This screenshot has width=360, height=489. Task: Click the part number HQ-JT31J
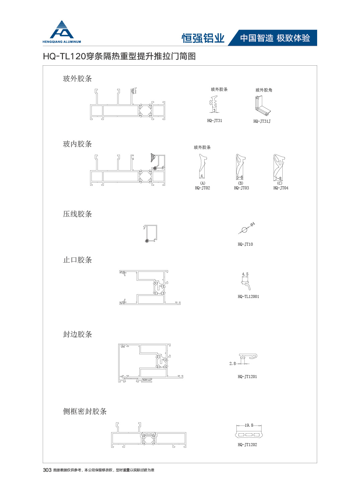click(262, 121)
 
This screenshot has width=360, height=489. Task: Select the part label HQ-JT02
click(203, 188)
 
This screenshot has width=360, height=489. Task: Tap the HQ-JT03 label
click(241, 188)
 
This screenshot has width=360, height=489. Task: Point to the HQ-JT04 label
click(281, 188)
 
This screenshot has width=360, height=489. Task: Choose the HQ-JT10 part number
click(245, 244)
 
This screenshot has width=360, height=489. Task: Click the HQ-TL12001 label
click(248, 297)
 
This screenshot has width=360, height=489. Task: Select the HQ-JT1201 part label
click(247, 377)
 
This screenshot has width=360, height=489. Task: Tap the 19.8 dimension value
click(249, 425)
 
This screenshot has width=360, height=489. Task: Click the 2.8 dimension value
click(233, 363)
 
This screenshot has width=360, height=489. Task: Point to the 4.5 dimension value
click(245, 274)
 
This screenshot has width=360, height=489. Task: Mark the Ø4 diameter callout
click(253, 224)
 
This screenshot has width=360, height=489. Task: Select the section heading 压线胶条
click(77, 214)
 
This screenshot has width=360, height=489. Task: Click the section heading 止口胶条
click(77, 260)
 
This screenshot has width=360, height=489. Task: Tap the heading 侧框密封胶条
click(85, 412)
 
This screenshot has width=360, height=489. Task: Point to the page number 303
click(47, 470)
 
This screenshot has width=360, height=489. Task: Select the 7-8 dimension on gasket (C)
click(278, 178)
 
